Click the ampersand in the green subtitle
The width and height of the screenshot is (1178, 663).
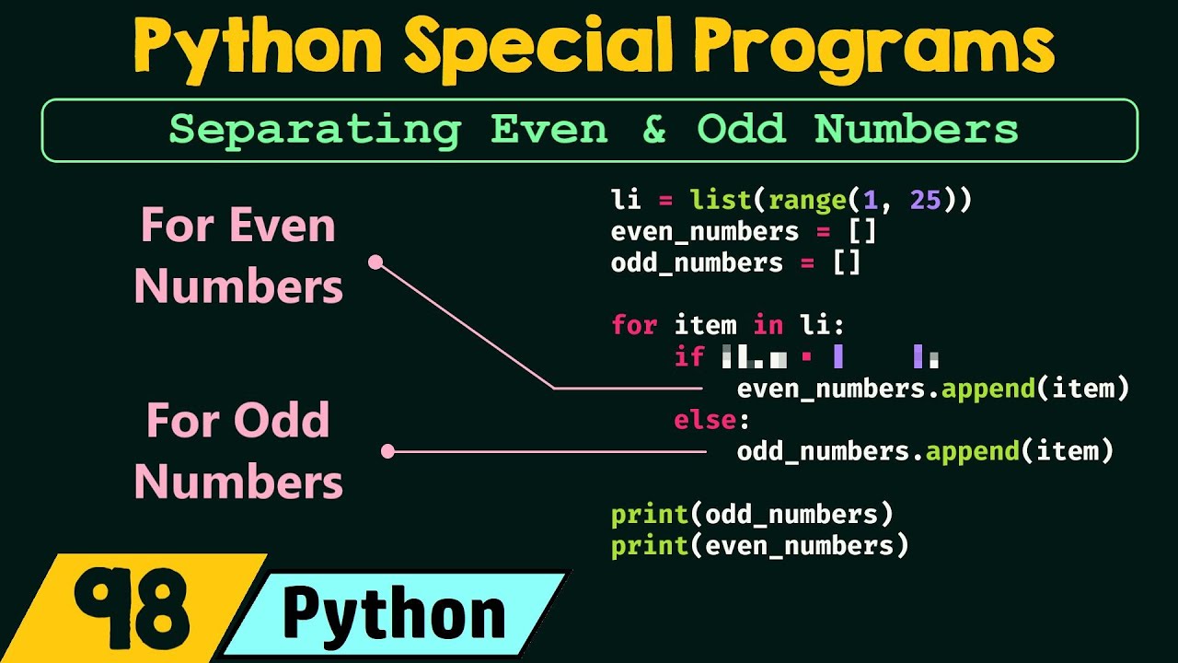pyautogui.click(x=653, y=129)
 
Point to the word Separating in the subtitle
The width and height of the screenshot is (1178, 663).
pyautogui.click(x=314, y=129)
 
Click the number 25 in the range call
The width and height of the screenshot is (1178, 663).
pyautogui.click(x=925, y=200)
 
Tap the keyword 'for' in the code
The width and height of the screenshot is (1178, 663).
pyautogui.click(x=635, y=325)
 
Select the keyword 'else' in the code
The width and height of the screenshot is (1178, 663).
pyautogui.click(x=705, y=420)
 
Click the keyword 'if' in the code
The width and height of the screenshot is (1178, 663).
pyautogui.click(x=688, y=356)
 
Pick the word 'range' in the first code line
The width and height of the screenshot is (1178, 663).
pyautogui.click(x=807, y=200)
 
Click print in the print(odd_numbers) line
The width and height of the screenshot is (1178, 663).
pyautogui.click(x=650, y=514)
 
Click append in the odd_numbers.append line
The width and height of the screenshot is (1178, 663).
pyautogui.click(x=972, y=451)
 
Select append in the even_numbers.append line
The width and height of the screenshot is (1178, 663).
pyautogui.click(x=987, y=389)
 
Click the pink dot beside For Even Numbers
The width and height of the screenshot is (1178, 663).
pyautogui.click(x=375, y=262)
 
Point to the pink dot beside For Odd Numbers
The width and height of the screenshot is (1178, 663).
pyautogui.click(x=388, y=451)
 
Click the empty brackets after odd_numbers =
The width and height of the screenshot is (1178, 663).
pyautogui.click(x=847, y=262)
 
